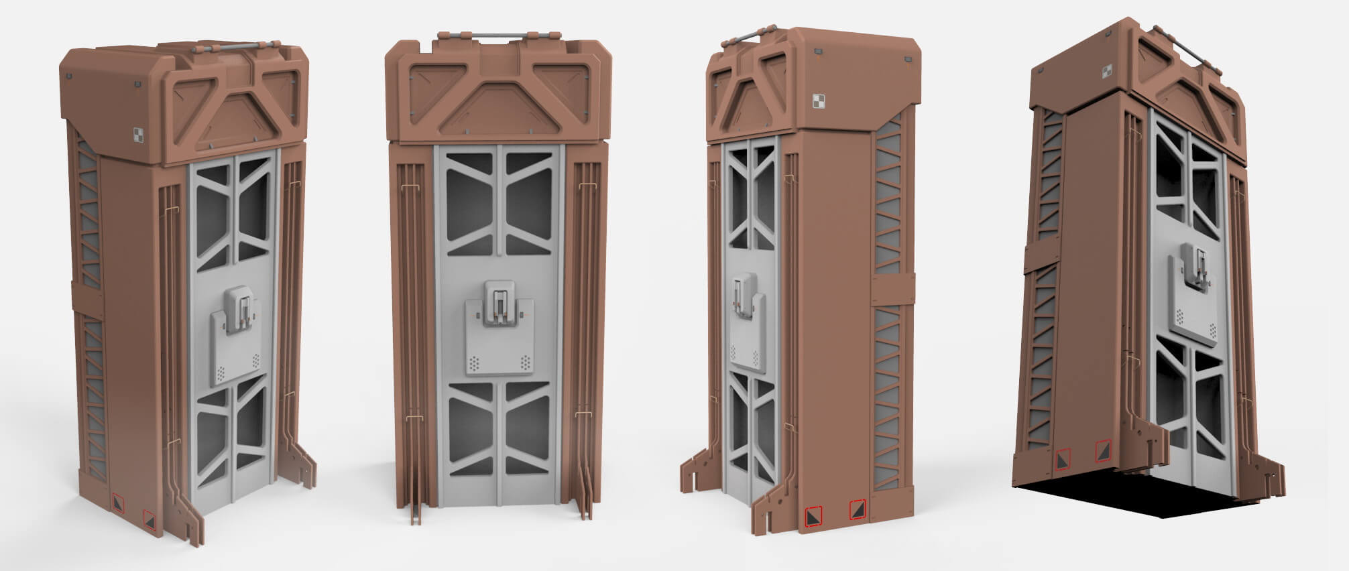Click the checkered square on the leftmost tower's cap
(138, 134)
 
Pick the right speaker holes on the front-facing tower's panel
(525, 363)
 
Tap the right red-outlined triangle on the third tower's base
(858, 511)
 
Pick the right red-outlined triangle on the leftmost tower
(150, 517)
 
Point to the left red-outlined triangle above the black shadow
(1063, 458)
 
